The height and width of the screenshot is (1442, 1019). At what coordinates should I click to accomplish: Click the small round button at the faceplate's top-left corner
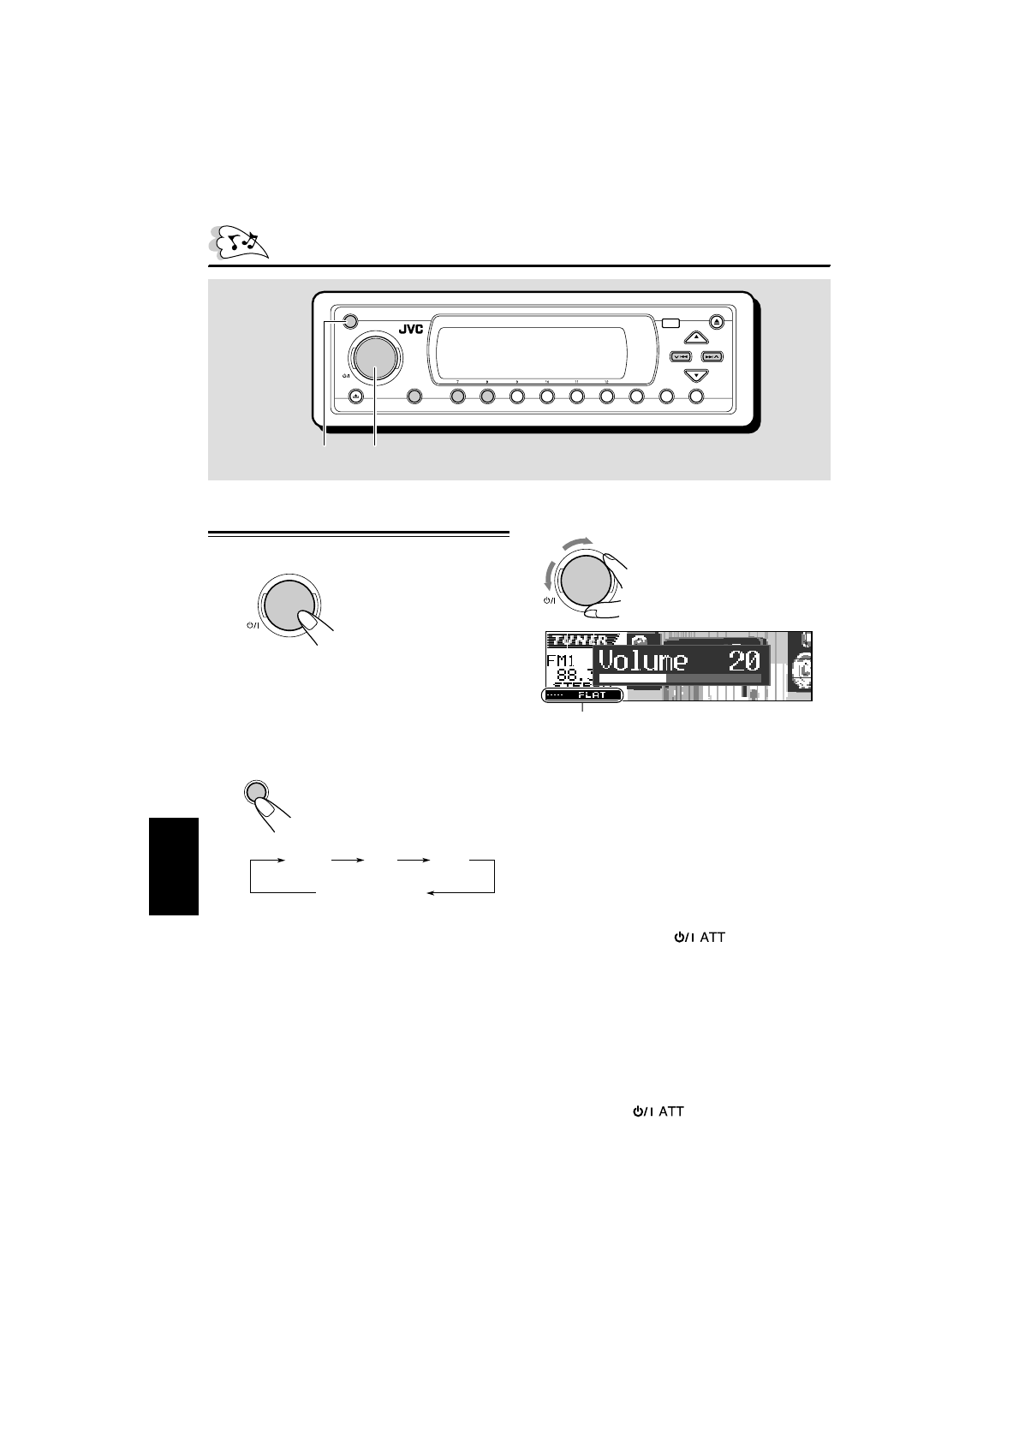pyautogui.click(x=349, y=323)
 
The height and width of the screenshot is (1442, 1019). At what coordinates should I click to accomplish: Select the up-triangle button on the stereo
pyautogui.click(x=696, y=337)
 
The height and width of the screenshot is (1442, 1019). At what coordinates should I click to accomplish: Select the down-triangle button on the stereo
pyautogui.click(x=696, y=375)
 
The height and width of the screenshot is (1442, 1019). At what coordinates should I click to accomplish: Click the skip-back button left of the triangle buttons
pyautogui.click(x=681, y=356)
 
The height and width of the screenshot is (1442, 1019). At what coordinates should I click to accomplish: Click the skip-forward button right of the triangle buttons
pyautogui.click(x=712, y=356)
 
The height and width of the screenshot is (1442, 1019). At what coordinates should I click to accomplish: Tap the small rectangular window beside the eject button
pyautogui.click(x=670, y=324)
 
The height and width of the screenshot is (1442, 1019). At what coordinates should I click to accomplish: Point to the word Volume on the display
pyautogui.click(x=642, y=660)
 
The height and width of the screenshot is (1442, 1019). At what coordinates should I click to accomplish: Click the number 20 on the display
pyautogui.click(x=742, y=660)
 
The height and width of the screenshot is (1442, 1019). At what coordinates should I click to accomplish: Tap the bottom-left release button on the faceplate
pyautogui.click(x=355, y=396)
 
